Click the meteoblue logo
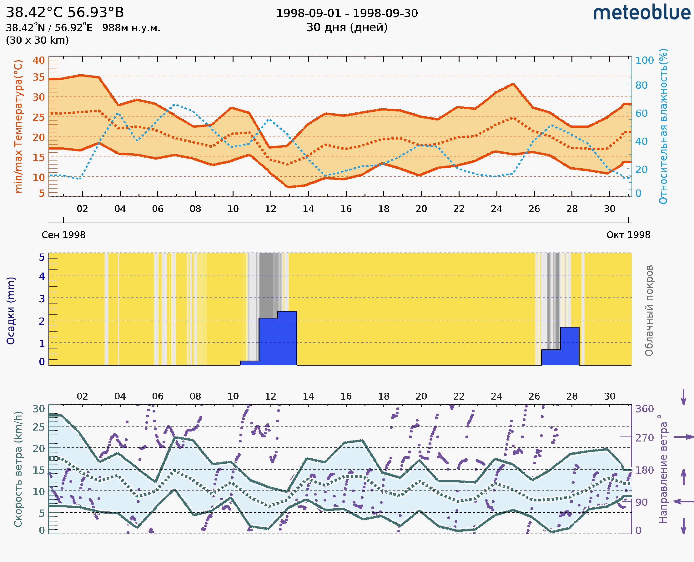pos(641,13)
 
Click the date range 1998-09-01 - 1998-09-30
pos(347,13)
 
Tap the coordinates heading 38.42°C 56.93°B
pos(65,12)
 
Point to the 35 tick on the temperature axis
pos(38,77)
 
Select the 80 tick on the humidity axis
pos(641,85)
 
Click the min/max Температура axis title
pos(18,126)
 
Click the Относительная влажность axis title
pos(663,126)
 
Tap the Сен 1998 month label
pos(63,235)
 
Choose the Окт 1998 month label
pos(628,235)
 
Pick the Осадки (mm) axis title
pos(11,310)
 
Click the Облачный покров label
pos(649,310)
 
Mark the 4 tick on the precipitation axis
pos(42,276)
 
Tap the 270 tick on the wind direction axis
pos(644,438)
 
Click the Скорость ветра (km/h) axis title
pos(18,469)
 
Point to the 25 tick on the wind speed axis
pos(38,427)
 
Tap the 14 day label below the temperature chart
pos(308,209)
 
